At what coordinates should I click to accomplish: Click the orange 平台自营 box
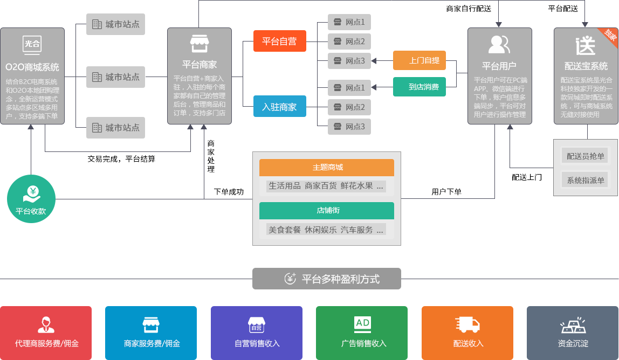click(279, 41)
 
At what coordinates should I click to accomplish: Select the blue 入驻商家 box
click(279, 107)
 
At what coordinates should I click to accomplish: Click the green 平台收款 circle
click(31, 198)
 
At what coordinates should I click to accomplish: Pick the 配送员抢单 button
click(586, 156)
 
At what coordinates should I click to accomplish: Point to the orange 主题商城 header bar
click(327, 168)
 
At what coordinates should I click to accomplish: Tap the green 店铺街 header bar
click(327, 210)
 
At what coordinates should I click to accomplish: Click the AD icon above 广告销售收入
click(362, 323)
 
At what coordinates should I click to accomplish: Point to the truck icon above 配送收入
click(467, 324)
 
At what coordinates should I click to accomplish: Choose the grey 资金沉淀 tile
click(573, 333)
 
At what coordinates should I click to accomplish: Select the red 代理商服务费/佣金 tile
click(46, 333)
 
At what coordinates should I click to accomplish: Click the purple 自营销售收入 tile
click(257, 333)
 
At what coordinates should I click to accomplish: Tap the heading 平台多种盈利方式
click(327, 279)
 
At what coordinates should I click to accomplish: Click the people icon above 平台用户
click(499, 44)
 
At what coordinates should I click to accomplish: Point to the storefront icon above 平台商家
click(199, 44)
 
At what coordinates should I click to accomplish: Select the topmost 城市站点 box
click(116, 25)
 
